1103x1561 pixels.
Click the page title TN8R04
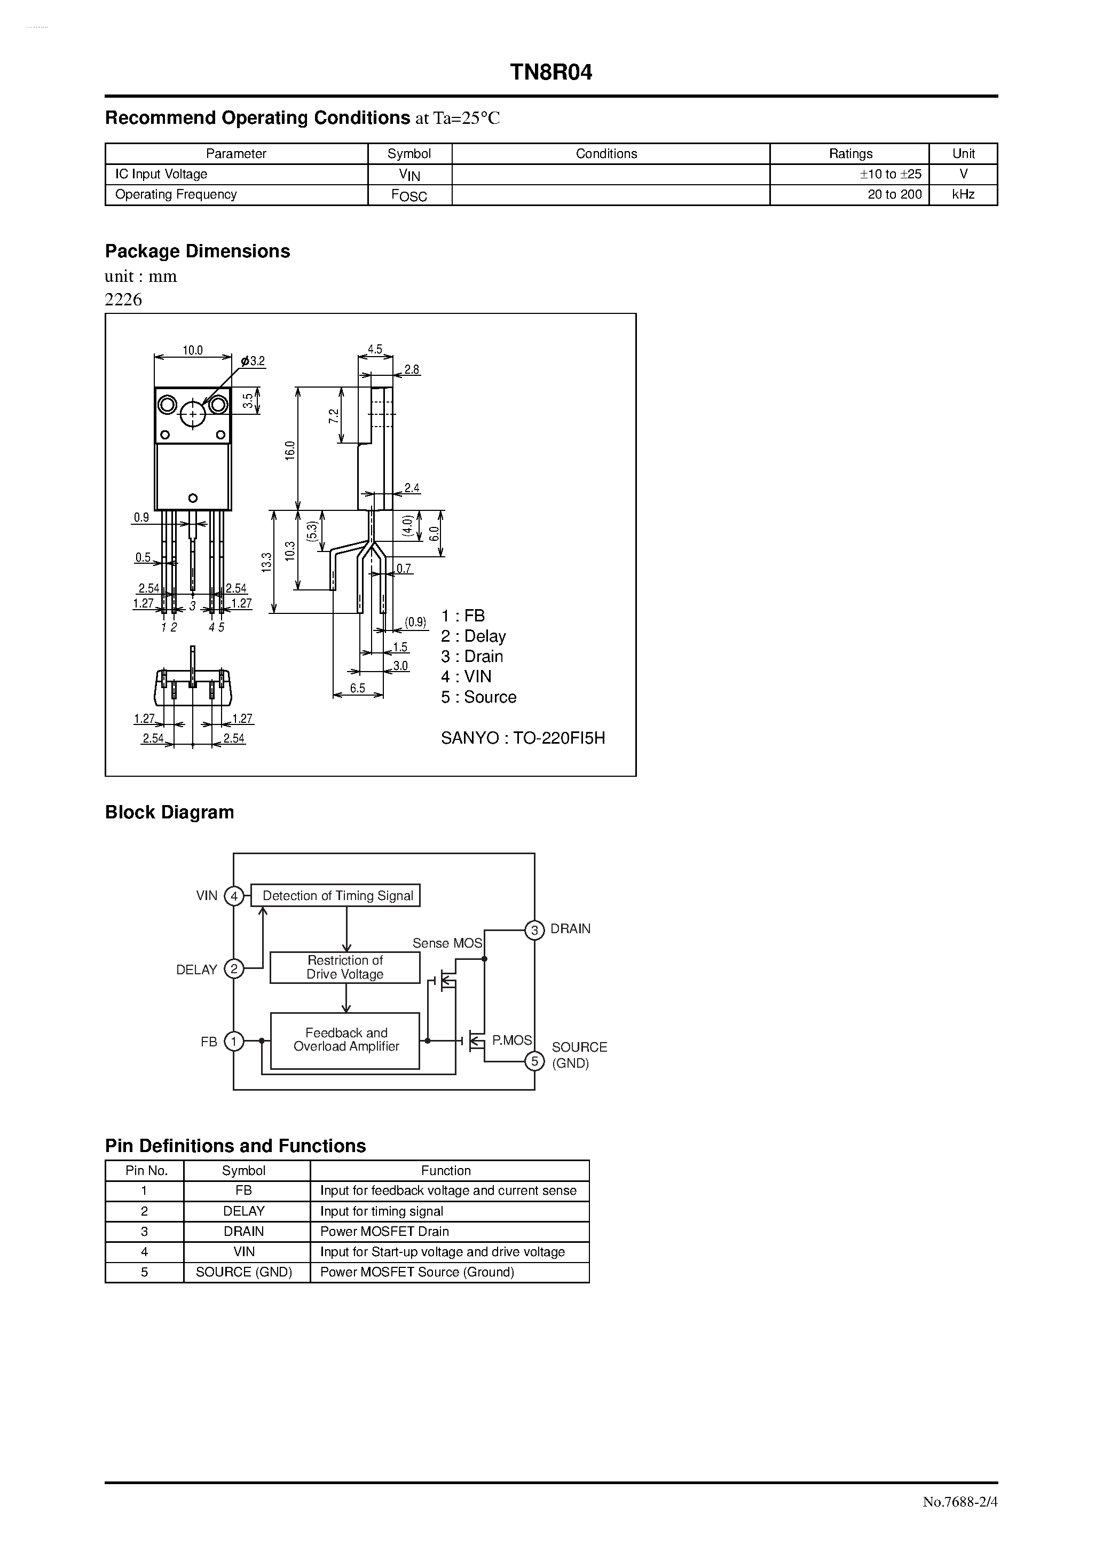[551, 73]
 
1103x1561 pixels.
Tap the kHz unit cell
[963, 194]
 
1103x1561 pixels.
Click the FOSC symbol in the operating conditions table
[409, 196]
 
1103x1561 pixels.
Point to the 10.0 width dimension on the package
[192, 350]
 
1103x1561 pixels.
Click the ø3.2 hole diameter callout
[253, 361]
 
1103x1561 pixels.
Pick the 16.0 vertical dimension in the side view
[290, 450]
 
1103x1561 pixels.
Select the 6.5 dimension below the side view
[358, 688]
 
